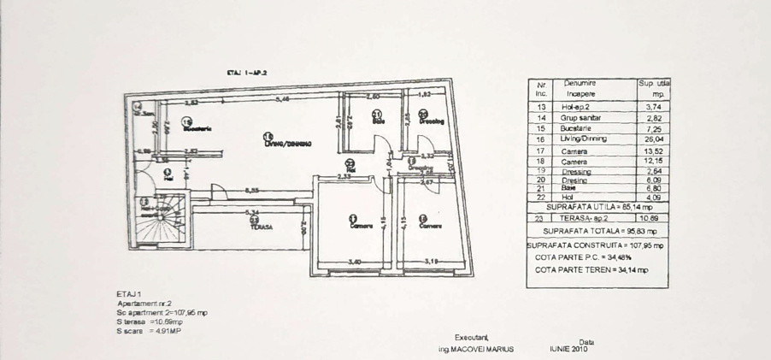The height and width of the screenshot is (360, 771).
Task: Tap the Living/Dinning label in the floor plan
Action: (x=285, y=142)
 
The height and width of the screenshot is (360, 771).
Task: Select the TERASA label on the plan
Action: (x=262, y=227)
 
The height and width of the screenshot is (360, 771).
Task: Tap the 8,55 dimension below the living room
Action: (x=252, y=191)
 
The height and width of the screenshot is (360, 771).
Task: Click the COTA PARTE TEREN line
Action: (x=591, y=269)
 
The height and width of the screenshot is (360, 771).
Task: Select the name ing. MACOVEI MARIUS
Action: (x=476, y=350)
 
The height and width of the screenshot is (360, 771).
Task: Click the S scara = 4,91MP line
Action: (x=152, y=330)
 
